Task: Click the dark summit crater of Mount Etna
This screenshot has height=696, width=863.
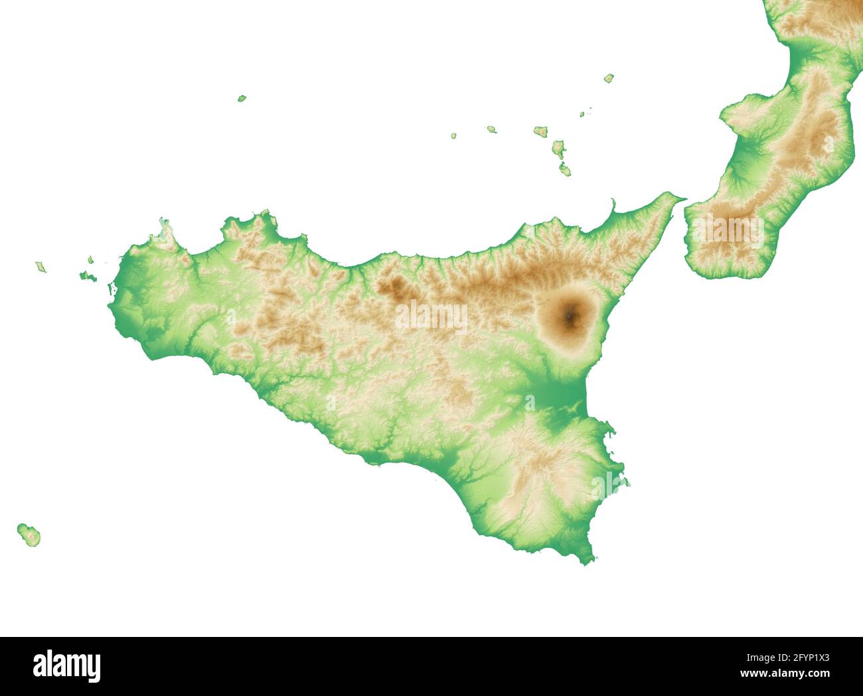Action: point(569,317)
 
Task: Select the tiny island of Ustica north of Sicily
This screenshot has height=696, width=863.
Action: point(242,98)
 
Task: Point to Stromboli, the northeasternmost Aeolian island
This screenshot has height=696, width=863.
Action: point(609,78)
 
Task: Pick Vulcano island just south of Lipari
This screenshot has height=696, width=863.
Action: point(565,170)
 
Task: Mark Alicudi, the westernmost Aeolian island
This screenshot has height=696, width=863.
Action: point(454,135)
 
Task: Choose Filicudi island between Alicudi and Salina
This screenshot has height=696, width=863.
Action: point(492,129)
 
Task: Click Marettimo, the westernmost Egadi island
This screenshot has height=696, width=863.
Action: point(40,267)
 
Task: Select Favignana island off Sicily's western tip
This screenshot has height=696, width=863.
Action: point(87,277)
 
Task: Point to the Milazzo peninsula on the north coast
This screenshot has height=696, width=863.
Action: point(612,207)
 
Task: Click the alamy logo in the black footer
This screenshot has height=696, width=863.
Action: point(67,665)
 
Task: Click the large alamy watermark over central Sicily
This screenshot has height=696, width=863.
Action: point(431,316)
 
